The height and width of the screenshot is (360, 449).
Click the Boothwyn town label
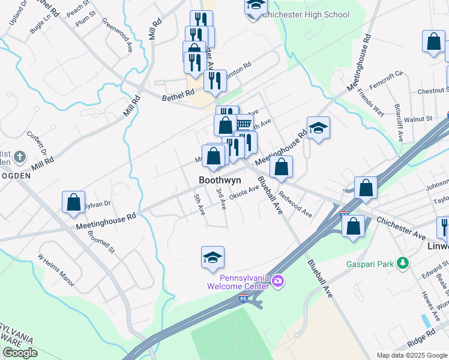[221, 180]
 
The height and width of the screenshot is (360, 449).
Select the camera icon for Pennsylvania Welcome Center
[277, 280]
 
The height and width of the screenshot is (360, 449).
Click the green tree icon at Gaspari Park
[404, 263]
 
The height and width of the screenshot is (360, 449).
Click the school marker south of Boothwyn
[212, 257]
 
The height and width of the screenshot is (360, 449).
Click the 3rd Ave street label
[221, 199]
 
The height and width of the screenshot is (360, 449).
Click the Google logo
[20, 353]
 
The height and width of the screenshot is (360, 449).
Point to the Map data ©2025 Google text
[411, 355]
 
